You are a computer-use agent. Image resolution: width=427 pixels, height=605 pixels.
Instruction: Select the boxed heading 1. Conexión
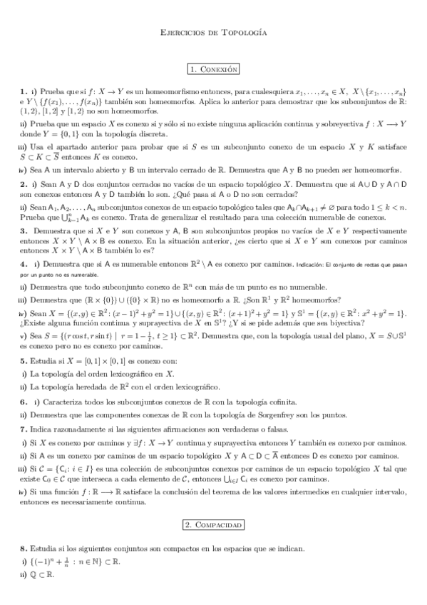[x=213, y=69]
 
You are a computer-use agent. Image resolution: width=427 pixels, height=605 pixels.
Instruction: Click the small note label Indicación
[x=310, y=265]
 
